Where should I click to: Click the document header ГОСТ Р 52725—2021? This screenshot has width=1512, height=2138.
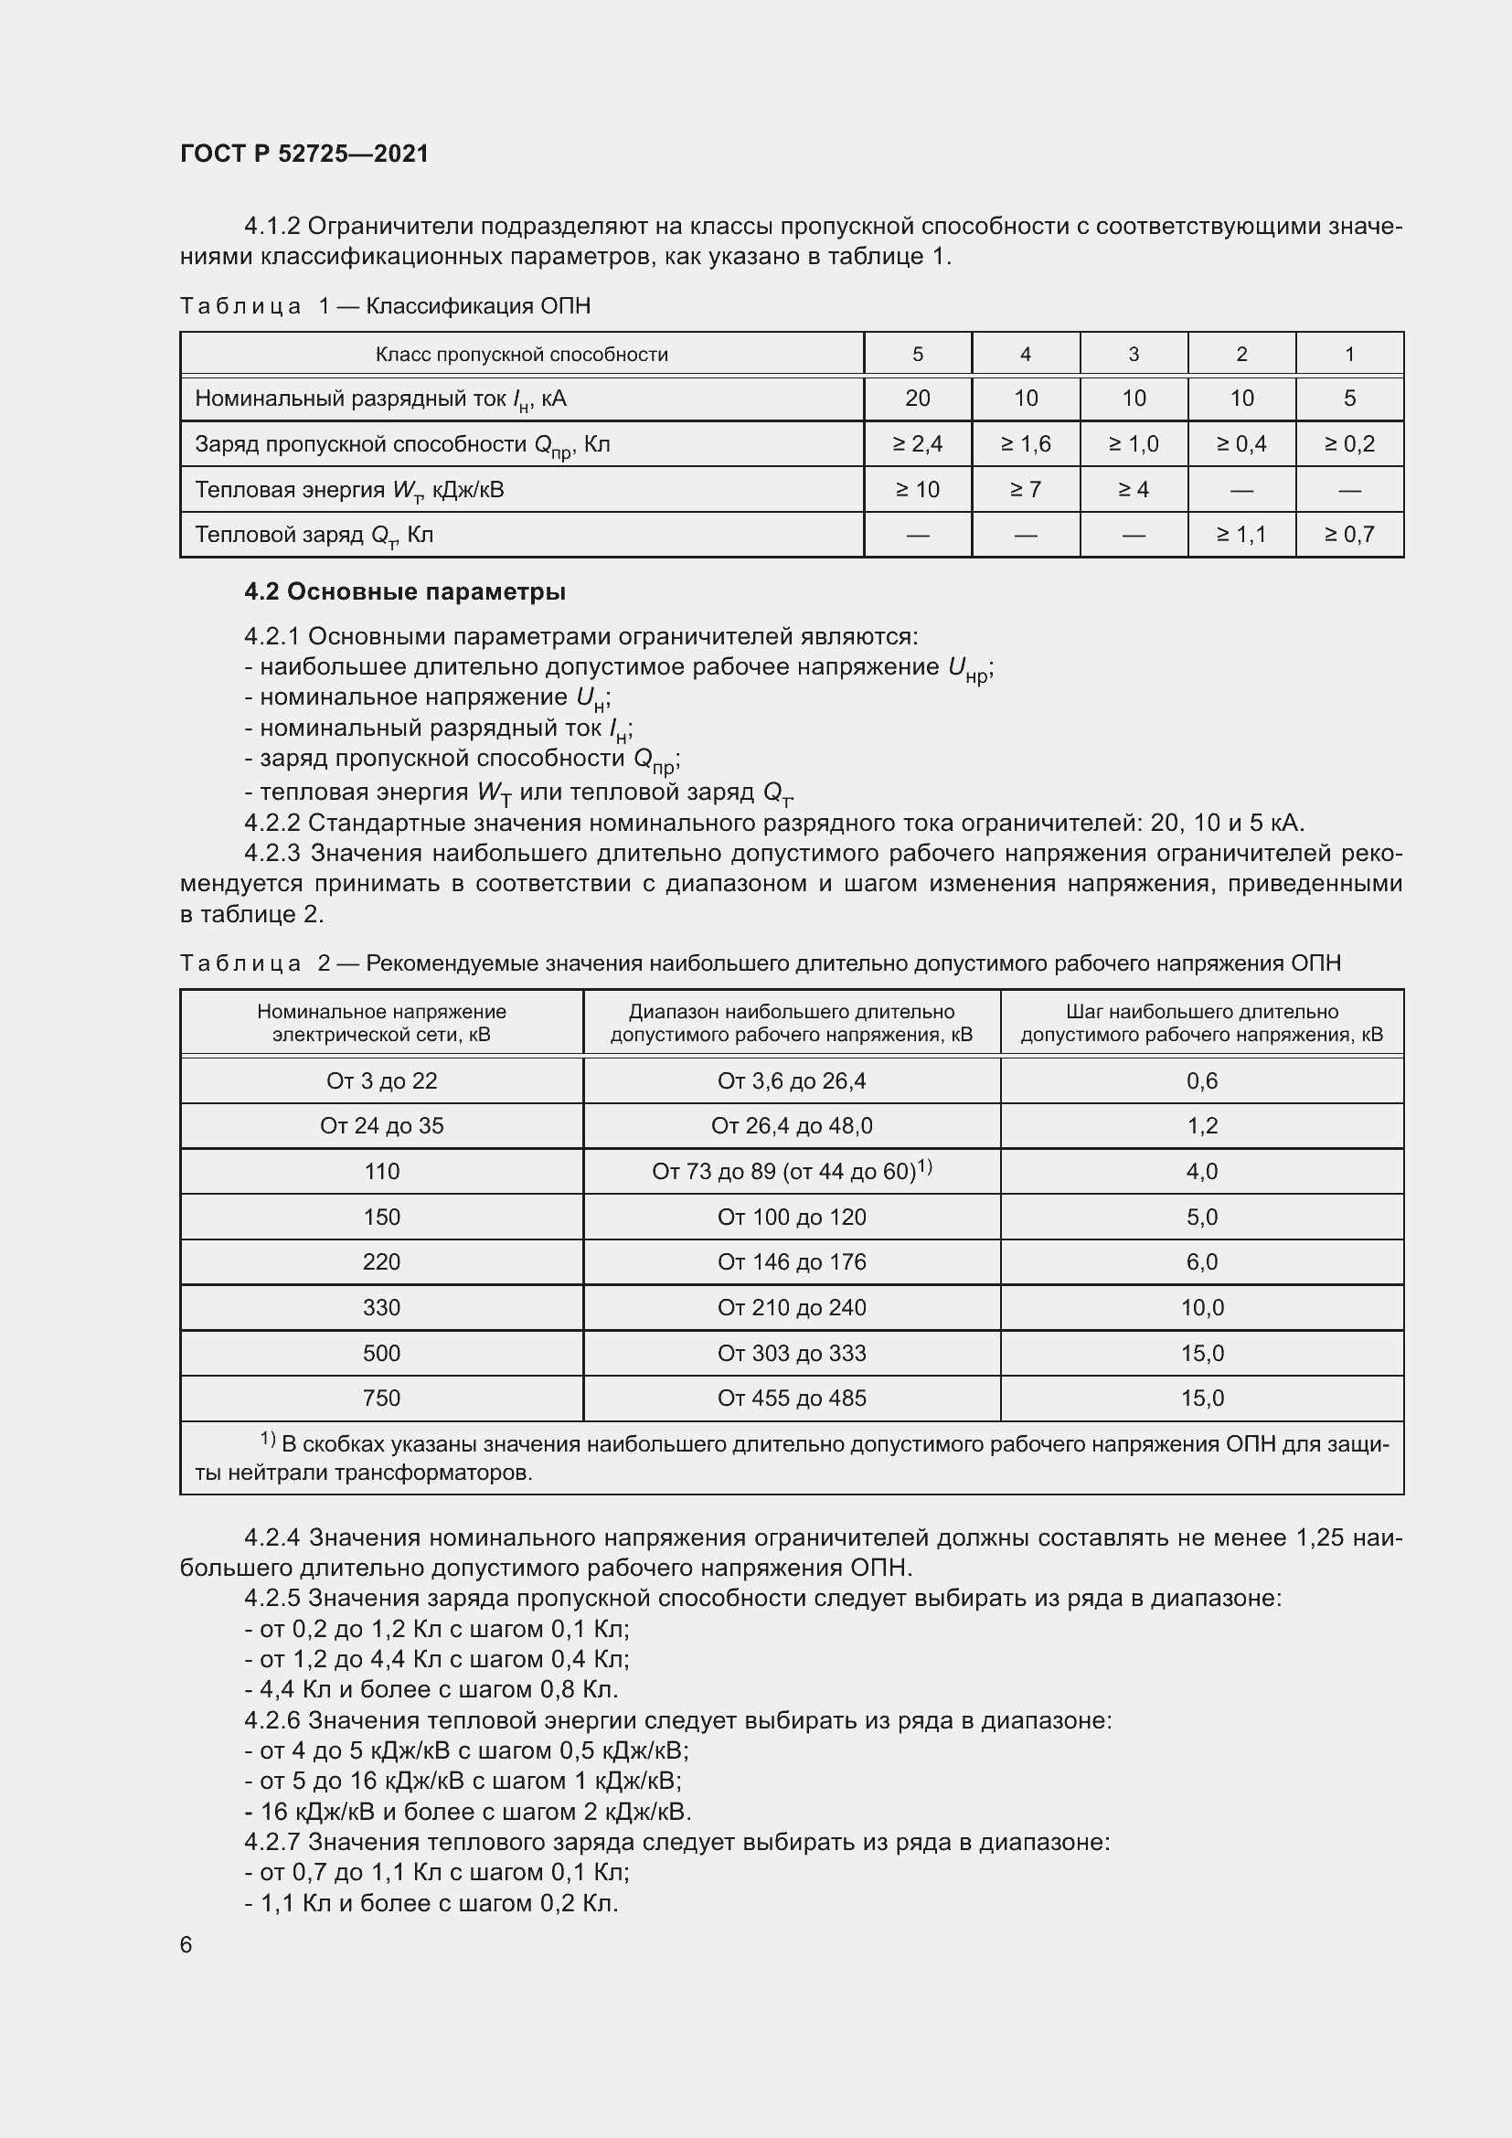tap(304, 154)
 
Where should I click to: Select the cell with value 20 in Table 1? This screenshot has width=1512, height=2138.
tap(917, 399)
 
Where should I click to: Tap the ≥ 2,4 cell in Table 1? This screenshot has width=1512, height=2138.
tap(917, 444)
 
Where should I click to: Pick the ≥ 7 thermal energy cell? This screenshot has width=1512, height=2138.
tap(1025, 489)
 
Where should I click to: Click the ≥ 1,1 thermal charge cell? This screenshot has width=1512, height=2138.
tap(1241, 535)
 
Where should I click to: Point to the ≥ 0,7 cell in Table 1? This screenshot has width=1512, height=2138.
tap(1349, 535)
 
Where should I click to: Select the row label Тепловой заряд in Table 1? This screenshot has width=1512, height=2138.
tap(314, 536)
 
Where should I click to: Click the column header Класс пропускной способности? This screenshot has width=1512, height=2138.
tap(521, 354)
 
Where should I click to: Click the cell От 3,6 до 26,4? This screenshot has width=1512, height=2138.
tap(792, 1080)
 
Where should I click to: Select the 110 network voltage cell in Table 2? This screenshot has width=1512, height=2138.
tap(382, 1172)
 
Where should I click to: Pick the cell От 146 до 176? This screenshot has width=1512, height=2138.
tap(792, 1261)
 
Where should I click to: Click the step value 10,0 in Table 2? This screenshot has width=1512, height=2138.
tap(1202, 1307)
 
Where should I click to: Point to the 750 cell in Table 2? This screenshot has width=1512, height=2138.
tap(382, 1398)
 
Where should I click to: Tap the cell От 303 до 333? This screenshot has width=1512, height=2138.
tap(792, 1353)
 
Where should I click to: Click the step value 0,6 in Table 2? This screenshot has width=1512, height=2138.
tap(1202, 1080)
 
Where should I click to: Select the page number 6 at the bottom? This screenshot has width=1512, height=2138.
tap(186, 1944)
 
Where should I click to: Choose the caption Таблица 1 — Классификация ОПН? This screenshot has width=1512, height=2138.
tap(386, 306)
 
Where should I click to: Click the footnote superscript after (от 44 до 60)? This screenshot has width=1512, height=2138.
tap(924, 1165)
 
